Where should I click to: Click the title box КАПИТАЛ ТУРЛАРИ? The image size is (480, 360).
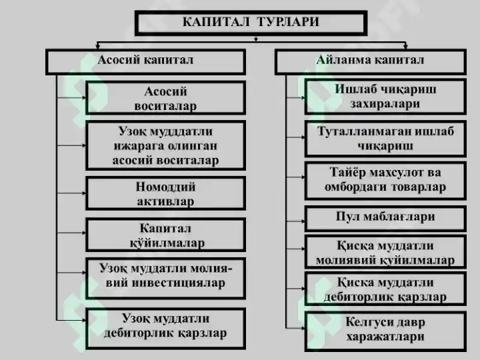pos(251,23)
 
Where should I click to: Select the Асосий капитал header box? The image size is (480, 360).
pos(146,62)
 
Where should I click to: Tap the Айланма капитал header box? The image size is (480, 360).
pos(371,62)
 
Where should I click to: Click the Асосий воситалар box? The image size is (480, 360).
pos(165,98)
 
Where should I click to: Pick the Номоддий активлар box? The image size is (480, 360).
pos(165,193)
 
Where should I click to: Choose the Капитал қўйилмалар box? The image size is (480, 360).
pos(165,235)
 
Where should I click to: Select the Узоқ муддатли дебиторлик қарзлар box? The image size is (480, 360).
pos(165,329)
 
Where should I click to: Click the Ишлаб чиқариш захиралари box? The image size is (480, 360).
pos(385,97)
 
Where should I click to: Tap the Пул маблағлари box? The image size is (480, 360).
pos(385,218)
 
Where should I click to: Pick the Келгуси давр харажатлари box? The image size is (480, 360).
pos(385,331)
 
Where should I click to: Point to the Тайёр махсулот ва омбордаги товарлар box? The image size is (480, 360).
pos(385,181)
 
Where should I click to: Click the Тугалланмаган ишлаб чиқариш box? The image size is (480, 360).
pos(385,139)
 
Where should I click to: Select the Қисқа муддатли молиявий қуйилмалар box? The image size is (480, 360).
pos(385,252)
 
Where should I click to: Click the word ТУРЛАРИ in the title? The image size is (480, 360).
pos(288,22)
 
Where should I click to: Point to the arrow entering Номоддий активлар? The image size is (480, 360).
pos(71,193)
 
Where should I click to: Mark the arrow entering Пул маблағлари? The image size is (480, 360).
pos(295,221)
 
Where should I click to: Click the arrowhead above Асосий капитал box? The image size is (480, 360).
pos(97,47)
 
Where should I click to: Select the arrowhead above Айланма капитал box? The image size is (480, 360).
pos(405,47)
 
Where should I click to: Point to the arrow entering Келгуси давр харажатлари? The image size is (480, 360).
pos(295,329)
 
